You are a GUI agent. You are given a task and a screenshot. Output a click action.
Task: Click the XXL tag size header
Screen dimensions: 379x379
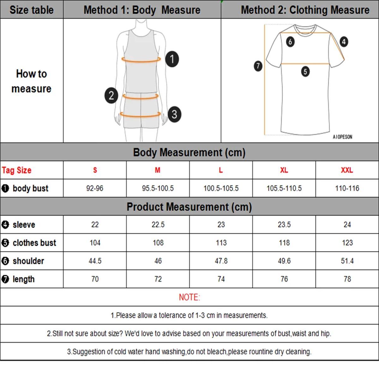[x=347, y=170]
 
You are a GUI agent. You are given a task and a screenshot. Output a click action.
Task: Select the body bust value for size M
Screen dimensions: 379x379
[x=158, y=189]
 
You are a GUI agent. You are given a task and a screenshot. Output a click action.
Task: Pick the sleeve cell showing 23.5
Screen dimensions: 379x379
[x=284, y=225]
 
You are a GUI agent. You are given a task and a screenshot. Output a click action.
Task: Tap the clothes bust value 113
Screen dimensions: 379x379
[x=221, y=243]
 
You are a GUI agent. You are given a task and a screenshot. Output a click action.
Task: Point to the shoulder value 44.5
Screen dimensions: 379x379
[x=95, y=261]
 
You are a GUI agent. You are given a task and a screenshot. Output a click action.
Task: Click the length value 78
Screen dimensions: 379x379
[x=347, y=279]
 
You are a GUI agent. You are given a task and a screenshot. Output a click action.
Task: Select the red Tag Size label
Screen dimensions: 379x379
[x=17, y=170]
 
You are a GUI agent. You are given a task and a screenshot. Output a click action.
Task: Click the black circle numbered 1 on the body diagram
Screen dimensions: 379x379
[x=172, y=59]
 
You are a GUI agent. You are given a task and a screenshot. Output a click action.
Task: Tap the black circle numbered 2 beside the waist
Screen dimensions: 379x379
[x=111, y=95]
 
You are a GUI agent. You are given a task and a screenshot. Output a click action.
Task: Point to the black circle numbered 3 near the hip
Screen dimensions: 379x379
[x=174, y=114]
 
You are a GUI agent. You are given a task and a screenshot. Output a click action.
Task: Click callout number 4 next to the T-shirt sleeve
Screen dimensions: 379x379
[x=344, y=41]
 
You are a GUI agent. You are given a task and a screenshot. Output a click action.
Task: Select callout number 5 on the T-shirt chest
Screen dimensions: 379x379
[x=305, y=71]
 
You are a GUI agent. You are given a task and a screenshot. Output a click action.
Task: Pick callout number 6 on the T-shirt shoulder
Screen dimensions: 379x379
[x=290, y=41]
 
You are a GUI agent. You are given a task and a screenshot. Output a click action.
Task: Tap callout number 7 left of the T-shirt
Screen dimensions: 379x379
[x=258, y=66]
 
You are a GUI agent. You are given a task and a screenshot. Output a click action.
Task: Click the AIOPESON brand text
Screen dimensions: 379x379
[x=342, y=137]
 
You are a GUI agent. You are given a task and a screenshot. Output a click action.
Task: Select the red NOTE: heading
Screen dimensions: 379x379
[x=189, y=297]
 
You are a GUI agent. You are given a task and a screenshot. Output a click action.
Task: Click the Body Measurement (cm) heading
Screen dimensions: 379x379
[x=189, y=153]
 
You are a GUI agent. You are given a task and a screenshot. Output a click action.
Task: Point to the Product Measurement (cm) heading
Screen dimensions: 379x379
[x=189, y=207]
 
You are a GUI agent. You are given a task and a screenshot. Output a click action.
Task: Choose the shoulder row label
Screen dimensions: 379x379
[x=28, y=261]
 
